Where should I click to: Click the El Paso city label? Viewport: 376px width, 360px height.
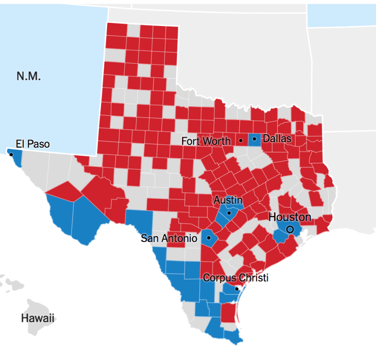click(32, 144)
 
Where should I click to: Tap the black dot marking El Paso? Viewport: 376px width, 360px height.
click(11, 155)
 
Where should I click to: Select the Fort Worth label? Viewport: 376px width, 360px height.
click(206, 141)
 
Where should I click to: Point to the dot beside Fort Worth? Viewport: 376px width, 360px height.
click(241, 140)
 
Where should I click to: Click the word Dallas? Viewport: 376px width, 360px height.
click(277, 138)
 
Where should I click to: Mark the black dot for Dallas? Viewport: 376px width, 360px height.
click(254, 139)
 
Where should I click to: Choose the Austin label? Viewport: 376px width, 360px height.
click(228, 200)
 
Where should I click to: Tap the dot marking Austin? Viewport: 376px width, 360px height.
click(229, 213)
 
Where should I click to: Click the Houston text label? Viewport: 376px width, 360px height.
click(290, 217)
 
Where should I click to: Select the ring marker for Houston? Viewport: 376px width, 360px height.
click(290, 229)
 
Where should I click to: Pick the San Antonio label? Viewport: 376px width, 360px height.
click(169, 238)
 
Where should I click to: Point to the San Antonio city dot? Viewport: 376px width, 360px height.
click(209, 238)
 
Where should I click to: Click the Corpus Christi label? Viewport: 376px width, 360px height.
click(236, 278)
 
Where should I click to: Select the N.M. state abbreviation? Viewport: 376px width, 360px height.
click(29, 76)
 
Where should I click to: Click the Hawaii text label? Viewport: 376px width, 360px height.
click(37, 318)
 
